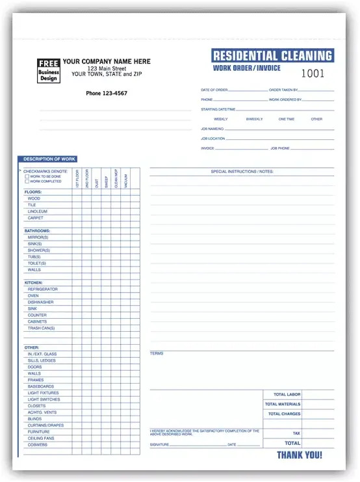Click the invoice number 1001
(313, 74)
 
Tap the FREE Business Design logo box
(48, 70)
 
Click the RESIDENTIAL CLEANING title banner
(272, 56)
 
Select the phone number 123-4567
(107, 94)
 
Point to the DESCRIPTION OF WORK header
(50, 159)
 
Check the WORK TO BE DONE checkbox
(27, 176)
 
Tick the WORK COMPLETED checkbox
(27, 181)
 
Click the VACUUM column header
(125, 179)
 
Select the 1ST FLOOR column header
(77, 179)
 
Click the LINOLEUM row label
(38, 211)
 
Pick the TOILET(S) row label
(37, 263)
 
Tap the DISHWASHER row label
(40, 302)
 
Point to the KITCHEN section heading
(34, 283)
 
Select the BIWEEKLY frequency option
(255, 119)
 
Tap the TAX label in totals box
(296, 433)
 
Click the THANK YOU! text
(300, 455)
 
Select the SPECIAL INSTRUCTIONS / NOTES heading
(242, 172)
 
